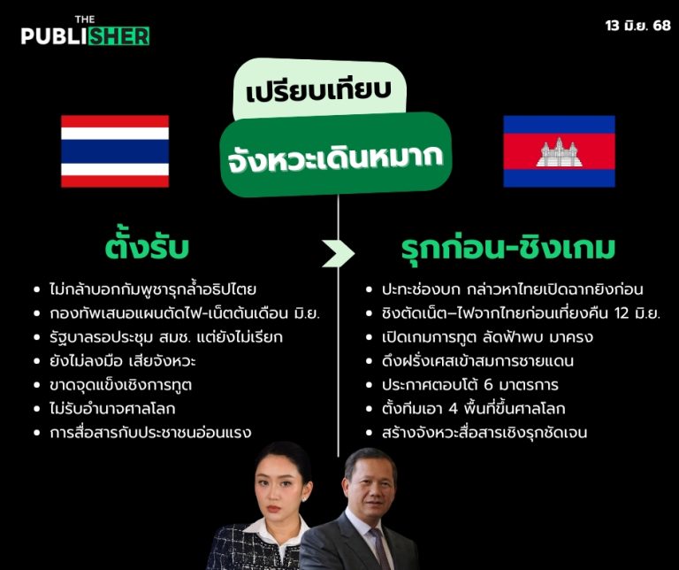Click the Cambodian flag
559,151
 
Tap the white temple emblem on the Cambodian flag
558,152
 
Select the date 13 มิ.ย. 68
630,26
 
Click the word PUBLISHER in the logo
85,35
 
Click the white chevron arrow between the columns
338,253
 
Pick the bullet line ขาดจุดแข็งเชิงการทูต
122,384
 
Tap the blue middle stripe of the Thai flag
115,151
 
